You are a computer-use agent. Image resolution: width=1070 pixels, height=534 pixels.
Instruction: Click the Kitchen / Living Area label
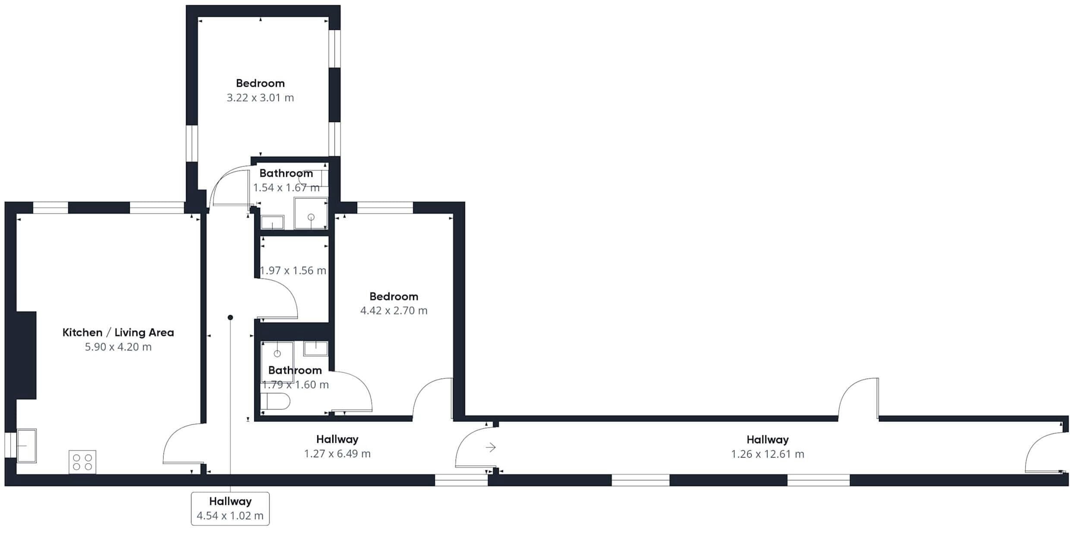pos(118,333)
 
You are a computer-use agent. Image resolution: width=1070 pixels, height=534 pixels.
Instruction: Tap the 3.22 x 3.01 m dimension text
pos(260,97)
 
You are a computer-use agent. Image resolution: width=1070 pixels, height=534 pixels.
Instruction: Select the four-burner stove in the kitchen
pos(82,462)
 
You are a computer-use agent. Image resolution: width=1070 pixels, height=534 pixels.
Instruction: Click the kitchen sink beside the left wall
pos(26,446)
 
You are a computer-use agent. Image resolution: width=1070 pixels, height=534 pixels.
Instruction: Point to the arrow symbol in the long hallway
pos(491,447)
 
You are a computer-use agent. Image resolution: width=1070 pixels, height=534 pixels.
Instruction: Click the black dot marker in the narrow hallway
pos(230,317)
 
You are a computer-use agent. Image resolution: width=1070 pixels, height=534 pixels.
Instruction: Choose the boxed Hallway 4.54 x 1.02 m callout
pos(230,509)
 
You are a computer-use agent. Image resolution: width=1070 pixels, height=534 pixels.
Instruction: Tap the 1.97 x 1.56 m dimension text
pos(293,270)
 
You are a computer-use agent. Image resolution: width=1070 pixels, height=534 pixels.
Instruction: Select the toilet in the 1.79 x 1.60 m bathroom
pos(275,401)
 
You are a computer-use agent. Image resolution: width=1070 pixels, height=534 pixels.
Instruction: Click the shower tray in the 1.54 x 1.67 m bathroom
pos(311,213)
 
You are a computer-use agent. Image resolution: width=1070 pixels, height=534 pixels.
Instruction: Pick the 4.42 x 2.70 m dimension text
pos(394,311)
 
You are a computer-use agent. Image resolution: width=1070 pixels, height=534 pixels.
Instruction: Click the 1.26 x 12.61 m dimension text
pos(768,454)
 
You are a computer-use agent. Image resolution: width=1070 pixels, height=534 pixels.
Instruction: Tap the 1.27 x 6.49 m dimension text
pos(337,454)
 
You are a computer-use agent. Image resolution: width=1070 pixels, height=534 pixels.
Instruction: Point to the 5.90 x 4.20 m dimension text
pos(118,347)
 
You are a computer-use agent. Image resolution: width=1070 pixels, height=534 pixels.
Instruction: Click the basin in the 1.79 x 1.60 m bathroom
pos(316,349)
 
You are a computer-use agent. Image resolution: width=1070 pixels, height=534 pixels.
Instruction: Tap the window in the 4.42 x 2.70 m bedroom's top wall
pos(385,207)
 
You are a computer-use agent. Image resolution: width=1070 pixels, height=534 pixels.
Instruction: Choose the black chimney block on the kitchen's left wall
pos(26,355)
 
